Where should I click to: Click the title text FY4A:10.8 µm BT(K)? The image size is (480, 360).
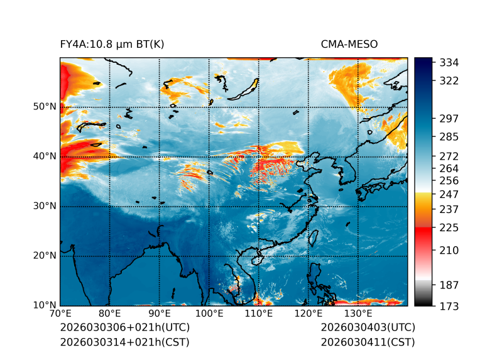pyautogui.click(x=112, y=44)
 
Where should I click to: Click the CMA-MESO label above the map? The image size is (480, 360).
pyautogui.click(x=349, y=44)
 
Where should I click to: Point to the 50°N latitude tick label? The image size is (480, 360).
pyautogui.click(x=44, y=107)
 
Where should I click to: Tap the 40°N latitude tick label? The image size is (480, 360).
pyautogui.click(x=44, y=156)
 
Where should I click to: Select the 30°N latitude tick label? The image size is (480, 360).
pyautogui.click(x=44, y=206)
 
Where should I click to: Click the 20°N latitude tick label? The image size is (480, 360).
pyautogui.click(x=44, y=256)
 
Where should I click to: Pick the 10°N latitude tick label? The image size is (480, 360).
pyautogui.click(x=44, y=305)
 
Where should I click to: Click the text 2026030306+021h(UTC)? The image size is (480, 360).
pyautogui.click(x=124, y=328)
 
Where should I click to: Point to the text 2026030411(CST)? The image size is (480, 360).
pyautogui.click(x=368, y=342)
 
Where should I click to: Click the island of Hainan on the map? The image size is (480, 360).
pyautogui.click(x=256, y=259)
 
